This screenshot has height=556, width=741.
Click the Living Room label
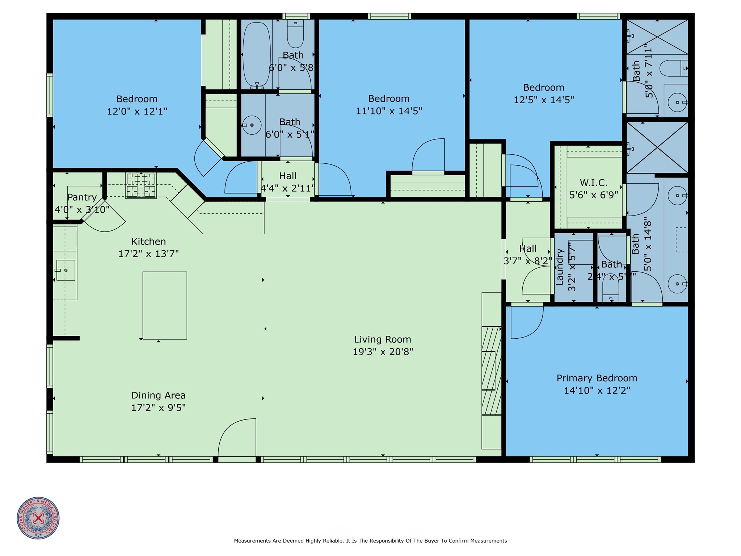pyautogui.click(x=383, y=339)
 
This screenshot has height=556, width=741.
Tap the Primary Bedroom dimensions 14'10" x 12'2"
pyautogui.click(x=597, y=390)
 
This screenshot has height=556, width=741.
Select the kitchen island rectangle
pyautogui.click(x=165, y=305)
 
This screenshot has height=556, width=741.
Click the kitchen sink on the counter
pyautogui.click(x=66, y=270)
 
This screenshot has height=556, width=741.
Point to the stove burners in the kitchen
pyautogui.click(x=141, y=185)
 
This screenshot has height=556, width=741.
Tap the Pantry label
pyautogui.click(x=82, y=197)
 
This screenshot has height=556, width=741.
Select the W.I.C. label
pyautogui.click(x=593, y=183)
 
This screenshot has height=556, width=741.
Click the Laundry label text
pyautogui.click(x=559, y=267)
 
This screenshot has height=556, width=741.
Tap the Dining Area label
pyautogui.click(x=158, y=395)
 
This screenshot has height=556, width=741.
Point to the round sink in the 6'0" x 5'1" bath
pyautogui.click(x=252, y=125)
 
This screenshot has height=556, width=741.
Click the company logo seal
pyautogui.click(x=38, y=518)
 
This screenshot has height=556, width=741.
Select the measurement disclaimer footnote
pyautogui.click(x=370, y=541)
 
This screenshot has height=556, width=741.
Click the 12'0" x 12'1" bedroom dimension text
pyautogui.click(x=137, y=111)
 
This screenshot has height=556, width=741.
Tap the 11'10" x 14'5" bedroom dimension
pyautogui.click(x=389, y=111)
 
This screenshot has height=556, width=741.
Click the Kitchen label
pyautogui.click(x=148, y=242)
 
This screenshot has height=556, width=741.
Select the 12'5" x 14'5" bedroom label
pyautogui.click(x=543, y=88)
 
